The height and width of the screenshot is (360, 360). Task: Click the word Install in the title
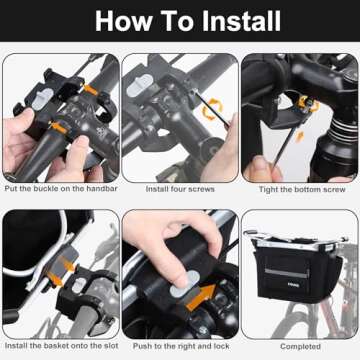tap(241, 21)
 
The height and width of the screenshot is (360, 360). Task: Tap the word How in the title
tap(124, 21)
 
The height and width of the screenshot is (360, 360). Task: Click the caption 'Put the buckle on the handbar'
tap(61, 189)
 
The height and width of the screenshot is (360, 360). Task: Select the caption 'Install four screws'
tap(180, 189)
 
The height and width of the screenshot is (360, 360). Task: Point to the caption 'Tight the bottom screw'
tap(302, 189)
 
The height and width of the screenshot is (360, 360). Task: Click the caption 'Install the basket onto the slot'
tap(62, 346)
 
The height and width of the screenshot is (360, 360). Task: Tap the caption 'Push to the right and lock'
tap(181, 346)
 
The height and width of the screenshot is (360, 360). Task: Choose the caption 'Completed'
tap(300, 347)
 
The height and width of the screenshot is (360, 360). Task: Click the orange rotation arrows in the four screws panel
tap(213, 109)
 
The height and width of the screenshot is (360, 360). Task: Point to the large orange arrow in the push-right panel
tap(201, 296)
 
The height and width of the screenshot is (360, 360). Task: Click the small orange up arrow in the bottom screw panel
tap(300, 136)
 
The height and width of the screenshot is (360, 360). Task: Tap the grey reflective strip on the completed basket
tap(287, 273)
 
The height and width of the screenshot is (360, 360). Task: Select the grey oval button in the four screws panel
tap(139, 85)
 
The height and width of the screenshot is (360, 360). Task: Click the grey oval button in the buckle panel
tap(42, 98)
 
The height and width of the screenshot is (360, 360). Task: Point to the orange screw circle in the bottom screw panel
tap(307, 103)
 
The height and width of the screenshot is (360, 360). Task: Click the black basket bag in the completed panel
tap(297, 273)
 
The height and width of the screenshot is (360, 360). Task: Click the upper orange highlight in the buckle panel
tap(90, 90)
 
